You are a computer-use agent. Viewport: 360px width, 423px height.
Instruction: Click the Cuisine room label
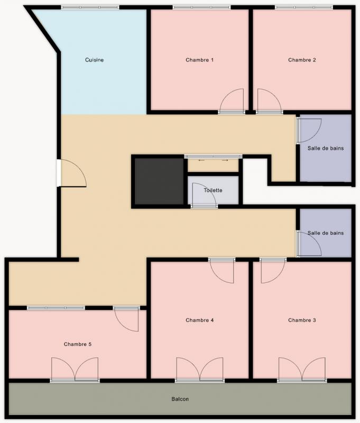click(95, 60)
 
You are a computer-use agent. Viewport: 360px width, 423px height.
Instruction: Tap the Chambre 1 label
click(199, 60)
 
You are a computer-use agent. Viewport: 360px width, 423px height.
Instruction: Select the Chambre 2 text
click(302, 60)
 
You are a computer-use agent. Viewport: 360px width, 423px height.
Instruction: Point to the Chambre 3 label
click(302, 320)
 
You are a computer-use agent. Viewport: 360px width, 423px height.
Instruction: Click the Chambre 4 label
click(199, 320)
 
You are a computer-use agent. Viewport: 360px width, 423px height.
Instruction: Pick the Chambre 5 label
click(78, 344)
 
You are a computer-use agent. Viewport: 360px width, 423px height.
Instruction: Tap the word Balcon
click(180, 399)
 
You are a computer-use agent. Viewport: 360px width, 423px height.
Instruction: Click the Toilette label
click(213, 190)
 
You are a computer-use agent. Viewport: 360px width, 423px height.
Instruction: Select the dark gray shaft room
click(159, 181)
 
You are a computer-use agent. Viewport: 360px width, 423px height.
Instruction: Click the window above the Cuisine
click(90, 7)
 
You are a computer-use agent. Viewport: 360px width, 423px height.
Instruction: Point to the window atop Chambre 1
click(202, 7)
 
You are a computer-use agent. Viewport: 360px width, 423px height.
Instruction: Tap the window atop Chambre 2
click(304, 7)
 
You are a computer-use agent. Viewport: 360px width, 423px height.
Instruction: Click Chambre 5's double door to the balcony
click(75, 369)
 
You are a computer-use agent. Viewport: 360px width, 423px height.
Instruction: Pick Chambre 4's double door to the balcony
click(200, 369)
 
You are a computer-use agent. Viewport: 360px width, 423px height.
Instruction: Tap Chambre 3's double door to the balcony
click(302, 369)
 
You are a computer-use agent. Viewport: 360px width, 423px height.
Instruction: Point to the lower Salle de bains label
click(326, 233)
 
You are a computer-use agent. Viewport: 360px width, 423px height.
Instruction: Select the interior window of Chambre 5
click(56, 308)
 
